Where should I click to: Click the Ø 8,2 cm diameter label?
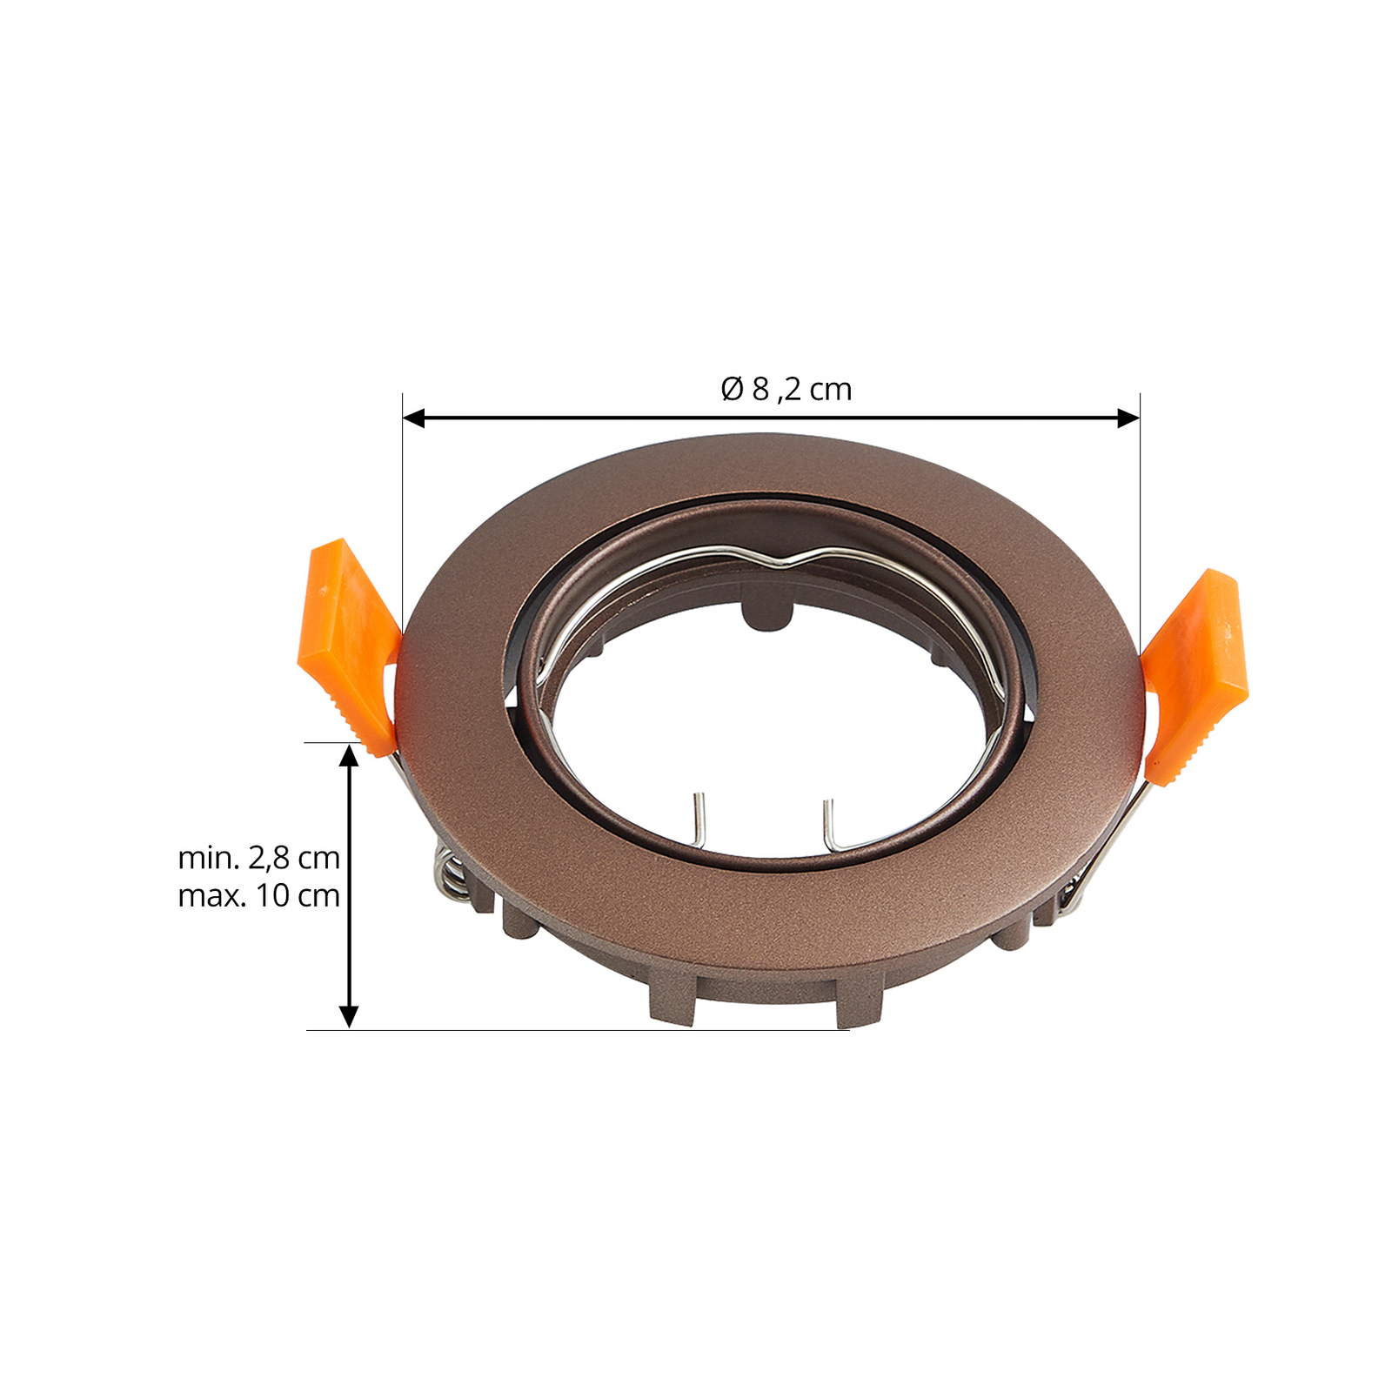click(x=786, y=389)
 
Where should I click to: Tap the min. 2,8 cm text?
click(x=258, y=858)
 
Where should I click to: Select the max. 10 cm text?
click(x=258, y=895)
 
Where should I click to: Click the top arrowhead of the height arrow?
click(x=349, y=755)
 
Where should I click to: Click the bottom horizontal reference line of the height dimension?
click(x=574, y=1031)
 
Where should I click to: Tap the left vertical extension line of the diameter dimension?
click(x=402, y=505)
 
